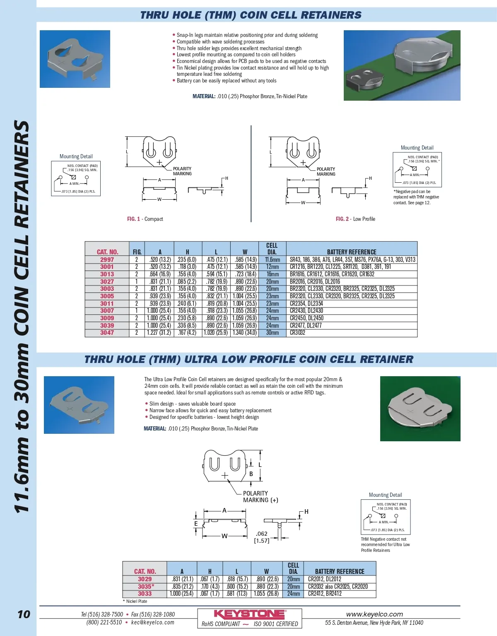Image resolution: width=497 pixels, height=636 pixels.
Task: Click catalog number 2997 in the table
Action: [x=107, y=260]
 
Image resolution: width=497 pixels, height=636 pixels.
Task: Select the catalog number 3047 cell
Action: [x=107, y=333]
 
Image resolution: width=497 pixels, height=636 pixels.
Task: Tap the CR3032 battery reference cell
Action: [x=297, y=333]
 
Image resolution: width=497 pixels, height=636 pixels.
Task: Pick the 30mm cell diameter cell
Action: [x=272, y=333]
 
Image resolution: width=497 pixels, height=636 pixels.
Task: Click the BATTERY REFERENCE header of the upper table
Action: [x=352, y=252]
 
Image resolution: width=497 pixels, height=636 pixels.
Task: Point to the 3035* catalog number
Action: [x=146, y=587]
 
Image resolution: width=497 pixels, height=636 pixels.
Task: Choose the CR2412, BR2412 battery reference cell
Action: [x=325, y=594]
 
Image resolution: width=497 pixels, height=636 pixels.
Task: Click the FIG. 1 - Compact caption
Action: [x=145, y=219]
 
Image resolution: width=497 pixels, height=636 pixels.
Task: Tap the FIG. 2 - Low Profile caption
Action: [x=355, y=219]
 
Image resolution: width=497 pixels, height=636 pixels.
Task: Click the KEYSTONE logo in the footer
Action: [x=249, y=614]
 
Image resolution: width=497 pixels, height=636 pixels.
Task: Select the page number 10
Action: [x=24, y=614]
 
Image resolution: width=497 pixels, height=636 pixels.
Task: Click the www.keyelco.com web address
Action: [x=374, y=614]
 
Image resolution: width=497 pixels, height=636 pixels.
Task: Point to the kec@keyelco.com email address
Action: [x=153, y=622]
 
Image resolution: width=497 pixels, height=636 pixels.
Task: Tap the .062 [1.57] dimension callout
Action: [x=262, y=537]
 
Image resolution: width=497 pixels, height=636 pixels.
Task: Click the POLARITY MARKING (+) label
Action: [x=260, y=497]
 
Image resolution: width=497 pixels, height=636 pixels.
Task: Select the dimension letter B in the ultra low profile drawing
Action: [x=251, y=474]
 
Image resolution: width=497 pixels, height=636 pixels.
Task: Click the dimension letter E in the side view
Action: [x=196, y=524]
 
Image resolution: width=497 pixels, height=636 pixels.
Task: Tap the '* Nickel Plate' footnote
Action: [x=135, y=601]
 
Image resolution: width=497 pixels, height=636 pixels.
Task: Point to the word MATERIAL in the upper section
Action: [x=203, y=97]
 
